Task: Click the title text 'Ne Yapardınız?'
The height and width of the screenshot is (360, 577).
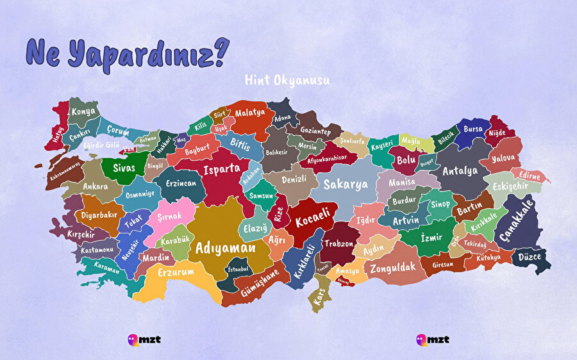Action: tap(126, 54)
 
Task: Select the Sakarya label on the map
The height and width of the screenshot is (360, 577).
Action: tap(346, 184)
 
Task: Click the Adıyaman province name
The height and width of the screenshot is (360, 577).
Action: tap(225, 247)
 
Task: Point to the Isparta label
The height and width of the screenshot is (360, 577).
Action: tap(222, 170)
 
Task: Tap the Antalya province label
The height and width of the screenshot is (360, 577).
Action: tap(460, 171)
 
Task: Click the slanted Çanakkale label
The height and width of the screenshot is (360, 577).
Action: tap(516, 220)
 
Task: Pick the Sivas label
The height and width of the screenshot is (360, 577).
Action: tap(124, 168)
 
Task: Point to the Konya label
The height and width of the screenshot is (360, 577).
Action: tap(83, 111)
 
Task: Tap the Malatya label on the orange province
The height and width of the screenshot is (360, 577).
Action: tap(249, 112)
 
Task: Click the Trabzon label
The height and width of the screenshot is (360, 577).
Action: tap(339, 243)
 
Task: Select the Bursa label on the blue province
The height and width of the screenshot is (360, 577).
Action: tap(473, 129)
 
